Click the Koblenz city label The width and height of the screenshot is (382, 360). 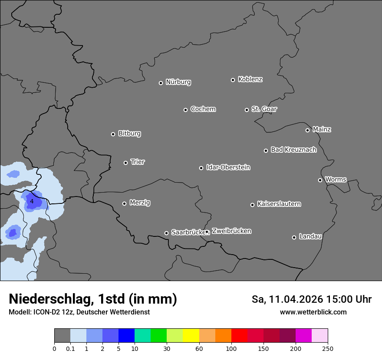pos(250,79)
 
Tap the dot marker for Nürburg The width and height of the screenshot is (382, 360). pos(161,83)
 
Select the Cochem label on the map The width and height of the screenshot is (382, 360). pos(203,109)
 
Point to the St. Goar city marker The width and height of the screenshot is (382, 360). pos(247,110)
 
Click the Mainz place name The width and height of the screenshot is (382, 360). pos(322,129)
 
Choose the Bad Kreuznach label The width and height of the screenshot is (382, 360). pos(293,150)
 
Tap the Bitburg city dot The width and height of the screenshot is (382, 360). pos(113,134)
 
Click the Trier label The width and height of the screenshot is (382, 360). pos(138,162)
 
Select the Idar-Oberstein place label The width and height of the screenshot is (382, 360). pos(228,167)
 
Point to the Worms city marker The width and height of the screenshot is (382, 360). pos(320,180)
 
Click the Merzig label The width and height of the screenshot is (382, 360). pos(140,203)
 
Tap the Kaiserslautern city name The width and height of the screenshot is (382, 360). pos(279,204)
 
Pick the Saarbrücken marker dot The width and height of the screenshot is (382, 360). pos(166,233)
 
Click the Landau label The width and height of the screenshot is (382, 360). pos(310,236)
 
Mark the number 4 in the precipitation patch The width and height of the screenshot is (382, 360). pos(31,202)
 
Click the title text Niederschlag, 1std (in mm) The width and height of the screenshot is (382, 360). pos(93,299)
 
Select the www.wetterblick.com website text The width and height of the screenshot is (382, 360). pos(313,312)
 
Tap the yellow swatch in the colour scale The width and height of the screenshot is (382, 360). pos(191,336)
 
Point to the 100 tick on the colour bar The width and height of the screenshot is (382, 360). pos(231,348)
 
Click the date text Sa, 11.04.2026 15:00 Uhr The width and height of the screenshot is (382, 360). pos(311,299)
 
